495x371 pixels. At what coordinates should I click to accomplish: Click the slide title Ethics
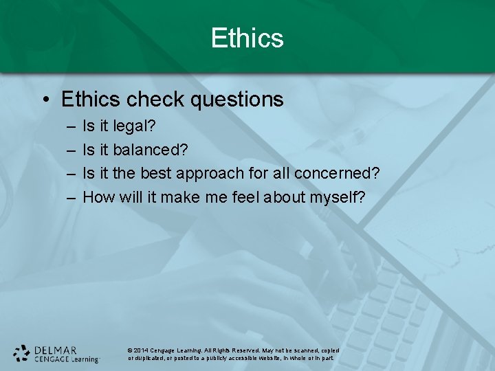pyautogui.click(x=247, y=38)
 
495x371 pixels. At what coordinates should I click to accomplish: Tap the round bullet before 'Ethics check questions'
pyautogui.click(x=44, y=100)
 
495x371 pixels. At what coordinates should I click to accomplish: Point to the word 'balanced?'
pyautogui.click(x=151, y=150)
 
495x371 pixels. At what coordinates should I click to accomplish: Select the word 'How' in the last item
pyautogui.click(x=98, y=198)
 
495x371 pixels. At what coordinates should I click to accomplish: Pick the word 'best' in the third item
pyautogui.click(x=155, y=174)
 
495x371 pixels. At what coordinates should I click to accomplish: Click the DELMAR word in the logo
pyautogui.click(x=56, y=349)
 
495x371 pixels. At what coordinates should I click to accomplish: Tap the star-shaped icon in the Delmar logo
pyautogui.click(x=22, y=353)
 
